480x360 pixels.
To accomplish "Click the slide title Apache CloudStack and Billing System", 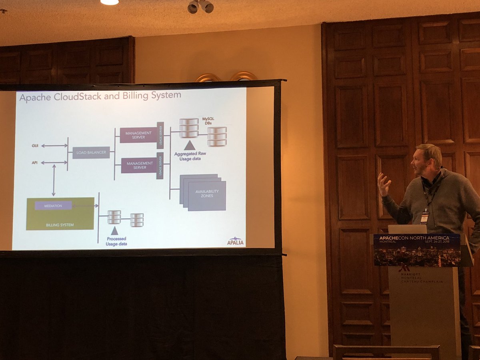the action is [100, 96].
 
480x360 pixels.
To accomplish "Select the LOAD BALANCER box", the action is [91, 152].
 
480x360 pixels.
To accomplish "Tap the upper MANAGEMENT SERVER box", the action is [138, 135].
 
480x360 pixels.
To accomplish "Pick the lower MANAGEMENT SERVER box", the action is [139, 165].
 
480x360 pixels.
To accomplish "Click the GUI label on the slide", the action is [35, 146].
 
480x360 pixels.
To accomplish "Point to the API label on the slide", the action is [35, 163].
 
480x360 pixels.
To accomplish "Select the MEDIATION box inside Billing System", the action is [53, 206].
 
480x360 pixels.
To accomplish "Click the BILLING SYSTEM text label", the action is [60, 225].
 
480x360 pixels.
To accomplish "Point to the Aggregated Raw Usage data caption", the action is [190, 156].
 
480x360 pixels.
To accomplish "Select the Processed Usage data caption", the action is [116, 241].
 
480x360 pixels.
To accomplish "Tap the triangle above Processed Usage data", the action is [114, 230].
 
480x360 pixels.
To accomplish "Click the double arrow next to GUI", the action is [54, 146].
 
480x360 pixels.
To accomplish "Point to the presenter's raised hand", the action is [384, 184].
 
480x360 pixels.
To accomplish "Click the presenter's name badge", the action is [424, 217].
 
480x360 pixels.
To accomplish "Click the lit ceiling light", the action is [109, 2].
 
